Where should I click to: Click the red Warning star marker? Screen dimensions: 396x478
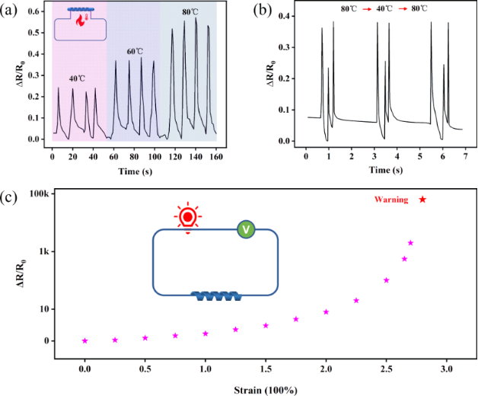tap(423, 200)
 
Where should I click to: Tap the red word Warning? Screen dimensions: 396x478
tap(391, 200)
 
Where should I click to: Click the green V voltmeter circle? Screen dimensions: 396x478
tap(246, 228)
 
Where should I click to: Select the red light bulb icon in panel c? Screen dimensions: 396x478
tap(186, 218)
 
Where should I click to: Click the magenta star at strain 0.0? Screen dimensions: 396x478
tap(84, 341)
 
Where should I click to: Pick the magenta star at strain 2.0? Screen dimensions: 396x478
tap(326, 312)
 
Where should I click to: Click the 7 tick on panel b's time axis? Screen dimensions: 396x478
tap(464, 156)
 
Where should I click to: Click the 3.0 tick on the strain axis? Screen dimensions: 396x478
tap(447, 369)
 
